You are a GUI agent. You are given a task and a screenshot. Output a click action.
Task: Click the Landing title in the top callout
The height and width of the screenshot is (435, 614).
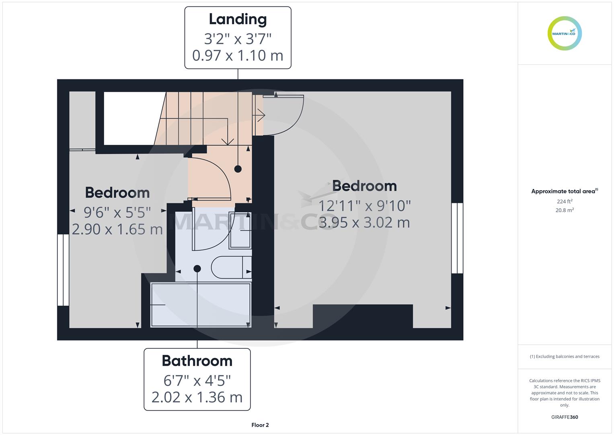pos(238,20)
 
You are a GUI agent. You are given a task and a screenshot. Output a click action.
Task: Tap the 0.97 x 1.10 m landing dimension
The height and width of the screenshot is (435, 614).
pos(238,56)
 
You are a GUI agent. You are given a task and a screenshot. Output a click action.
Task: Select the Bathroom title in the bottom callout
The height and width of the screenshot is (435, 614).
pos(197,360)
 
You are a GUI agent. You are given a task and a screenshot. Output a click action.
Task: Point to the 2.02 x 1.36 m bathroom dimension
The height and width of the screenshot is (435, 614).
pos(197,397)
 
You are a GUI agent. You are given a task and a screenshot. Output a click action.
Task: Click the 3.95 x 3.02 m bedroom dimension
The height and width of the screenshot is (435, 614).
pos(364,222)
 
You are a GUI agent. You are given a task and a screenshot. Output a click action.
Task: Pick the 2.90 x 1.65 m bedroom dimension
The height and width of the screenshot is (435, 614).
pos(117,229)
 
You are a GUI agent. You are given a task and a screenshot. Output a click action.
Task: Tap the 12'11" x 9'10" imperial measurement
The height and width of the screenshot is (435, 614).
pos(365,206)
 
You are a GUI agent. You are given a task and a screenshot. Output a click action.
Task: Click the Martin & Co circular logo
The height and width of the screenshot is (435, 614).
pos(565,33)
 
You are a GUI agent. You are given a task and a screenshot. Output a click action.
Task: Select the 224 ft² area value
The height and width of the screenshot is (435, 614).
pos(565,201)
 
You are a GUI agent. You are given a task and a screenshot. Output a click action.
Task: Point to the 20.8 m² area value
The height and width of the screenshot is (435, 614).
pos(565,210)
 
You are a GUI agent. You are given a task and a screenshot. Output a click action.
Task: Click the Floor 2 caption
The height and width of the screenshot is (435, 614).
pos(260,425)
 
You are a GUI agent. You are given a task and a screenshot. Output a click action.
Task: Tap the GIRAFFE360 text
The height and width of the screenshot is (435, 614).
pos(565,417)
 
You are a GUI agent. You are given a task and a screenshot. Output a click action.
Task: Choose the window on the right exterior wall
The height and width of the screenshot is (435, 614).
pos(457,238)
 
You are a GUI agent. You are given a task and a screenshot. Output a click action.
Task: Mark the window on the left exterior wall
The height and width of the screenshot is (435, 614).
pos(63,270)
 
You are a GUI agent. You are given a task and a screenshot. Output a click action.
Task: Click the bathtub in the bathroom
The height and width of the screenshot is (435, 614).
pos(201,305)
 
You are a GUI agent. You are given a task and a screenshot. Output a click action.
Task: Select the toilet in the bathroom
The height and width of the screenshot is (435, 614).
pos(231,267)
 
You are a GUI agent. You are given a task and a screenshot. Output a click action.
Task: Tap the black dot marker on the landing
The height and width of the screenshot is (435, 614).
pos(238,169)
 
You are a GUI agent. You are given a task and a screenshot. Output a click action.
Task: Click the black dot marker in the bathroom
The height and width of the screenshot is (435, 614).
pos(197,269)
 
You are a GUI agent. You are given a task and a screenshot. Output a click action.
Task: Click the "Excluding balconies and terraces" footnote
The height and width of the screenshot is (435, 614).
pos(565,356)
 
